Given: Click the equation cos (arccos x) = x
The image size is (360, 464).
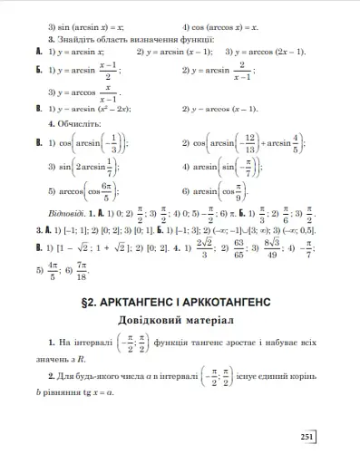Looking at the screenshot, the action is tap(226, 28).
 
